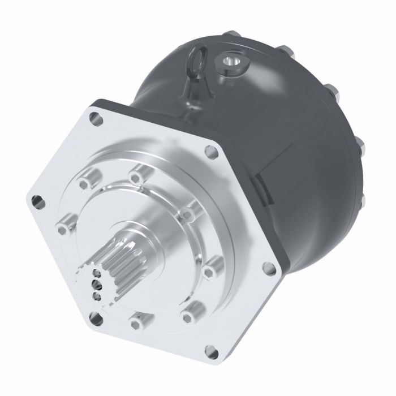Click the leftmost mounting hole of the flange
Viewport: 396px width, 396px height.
[x=37, y=200]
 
